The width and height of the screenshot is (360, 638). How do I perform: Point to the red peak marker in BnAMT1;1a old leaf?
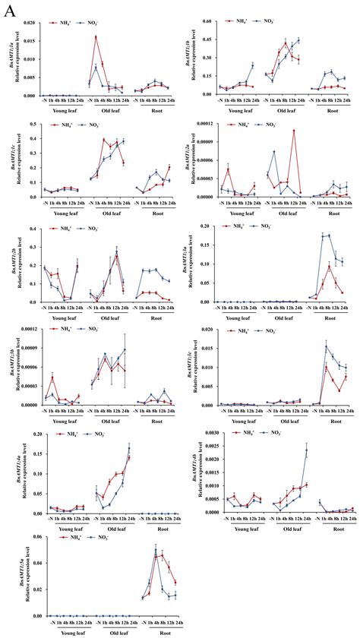pyautogui.click(x=96, y=36)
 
